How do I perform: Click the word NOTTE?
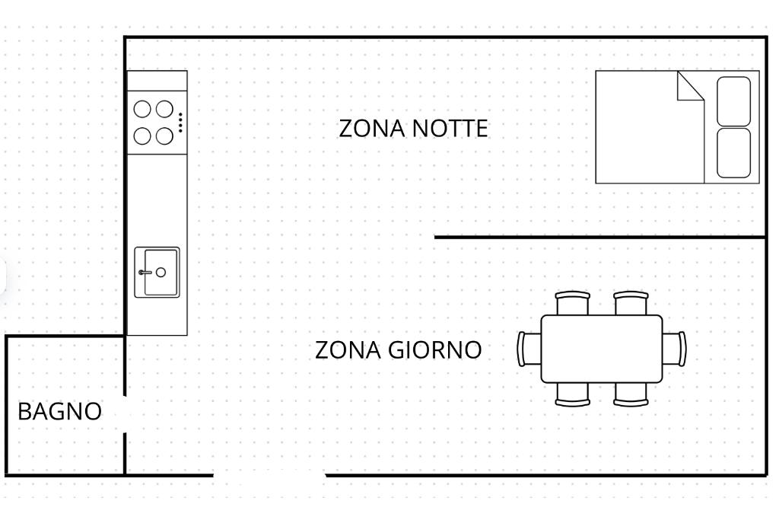coord(450,128)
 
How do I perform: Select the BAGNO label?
coord(59,412)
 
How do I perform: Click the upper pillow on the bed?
coord(734,101)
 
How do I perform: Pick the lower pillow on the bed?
coord(734,153)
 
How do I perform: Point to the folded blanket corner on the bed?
coord(691,86)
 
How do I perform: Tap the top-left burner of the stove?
coord(142,109)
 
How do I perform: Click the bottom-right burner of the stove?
coord(164,136)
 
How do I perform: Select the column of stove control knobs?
coord(180,123)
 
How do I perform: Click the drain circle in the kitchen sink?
coord(161,272)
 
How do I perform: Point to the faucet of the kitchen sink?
coord(145,273)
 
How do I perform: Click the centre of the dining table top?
coord(602,349)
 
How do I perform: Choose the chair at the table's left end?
coord(529,349)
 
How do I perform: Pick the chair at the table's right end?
coord(675,349)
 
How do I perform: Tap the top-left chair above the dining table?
coord(572,303)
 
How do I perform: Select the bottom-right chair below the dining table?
coord(631,394)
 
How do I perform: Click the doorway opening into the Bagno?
coord(125,414)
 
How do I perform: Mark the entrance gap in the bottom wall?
coord(269,476)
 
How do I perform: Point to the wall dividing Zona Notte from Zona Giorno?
coord(601,237)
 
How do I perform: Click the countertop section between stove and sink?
coord(157,199)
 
